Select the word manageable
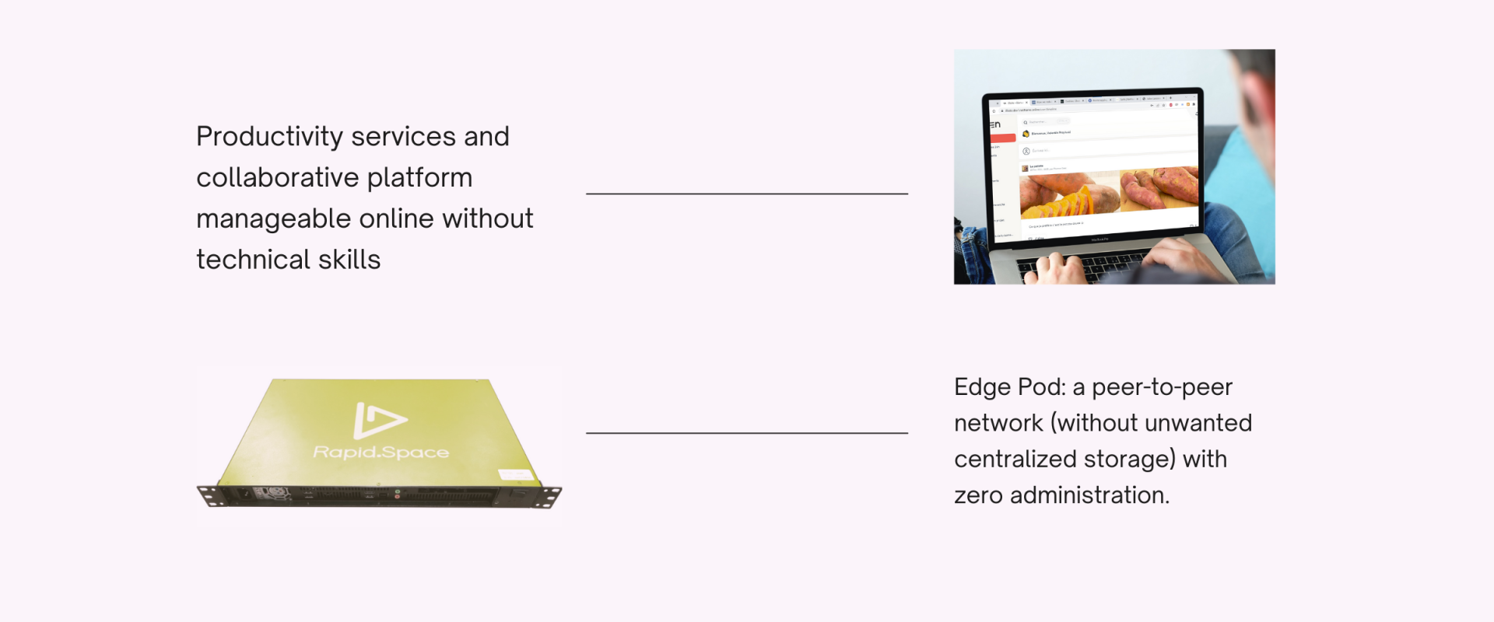tap(273, 219)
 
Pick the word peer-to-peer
tap(1162, 387)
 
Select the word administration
tap(1089, 495)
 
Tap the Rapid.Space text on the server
tap(381, 452)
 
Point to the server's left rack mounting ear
tap(209, 494)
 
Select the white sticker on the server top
tap(515, 474)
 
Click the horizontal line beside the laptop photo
tap(747, 194)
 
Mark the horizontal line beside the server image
tap(747, 432)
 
